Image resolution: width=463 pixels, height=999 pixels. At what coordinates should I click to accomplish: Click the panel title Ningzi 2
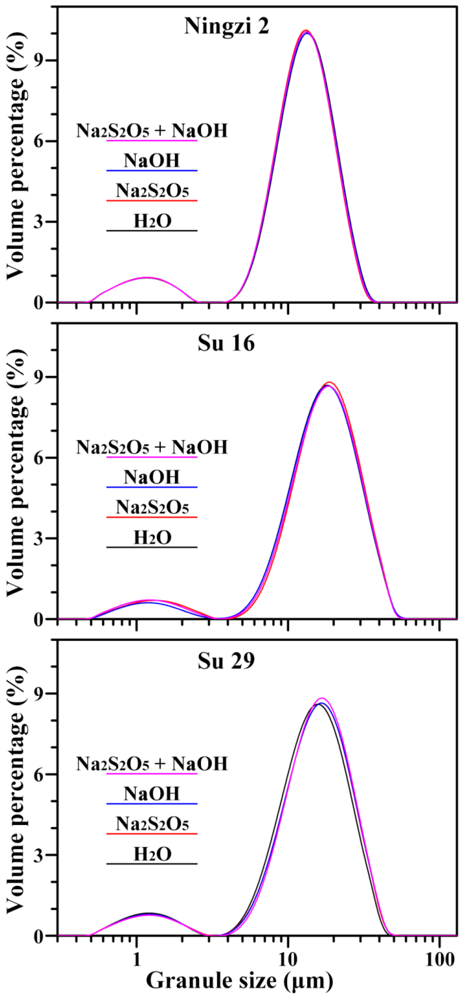point(227,26)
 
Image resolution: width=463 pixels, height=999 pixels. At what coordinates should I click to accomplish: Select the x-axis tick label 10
point(288,957)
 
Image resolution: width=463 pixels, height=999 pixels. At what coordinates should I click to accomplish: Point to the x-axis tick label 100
point(439,957)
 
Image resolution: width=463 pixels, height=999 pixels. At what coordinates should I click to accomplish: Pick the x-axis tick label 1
point(136,957)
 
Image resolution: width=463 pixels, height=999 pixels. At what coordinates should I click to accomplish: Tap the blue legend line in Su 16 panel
point(152,487)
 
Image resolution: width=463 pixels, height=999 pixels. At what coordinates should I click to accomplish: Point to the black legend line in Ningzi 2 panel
point(152,231)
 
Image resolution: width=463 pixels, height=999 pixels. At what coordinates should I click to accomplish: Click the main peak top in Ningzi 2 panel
point(306,31)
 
